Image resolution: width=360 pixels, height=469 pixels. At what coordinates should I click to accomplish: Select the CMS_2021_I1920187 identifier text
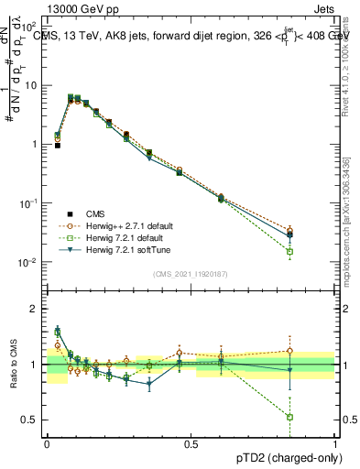[x=191, y=273]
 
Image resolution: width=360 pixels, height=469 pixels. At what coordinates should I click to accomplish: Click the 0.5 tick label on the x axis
[x=191, y=443]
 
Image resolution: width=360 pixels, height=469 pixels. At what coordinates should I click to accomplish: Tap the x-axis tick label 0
[x=47, y=443]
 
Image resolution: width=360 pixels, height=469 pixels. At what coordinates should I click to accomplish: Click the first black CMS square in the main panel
[x=57, y=146]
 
